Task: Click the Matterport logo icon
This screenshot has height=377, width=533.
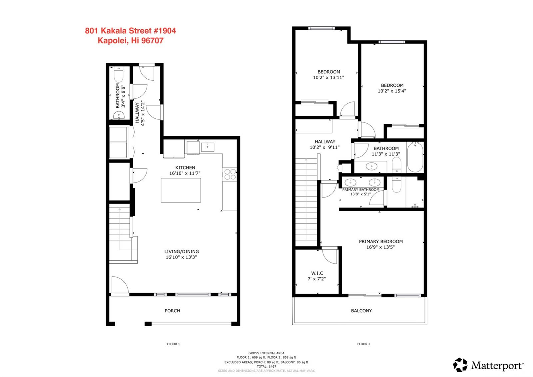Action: [x=460, y=365]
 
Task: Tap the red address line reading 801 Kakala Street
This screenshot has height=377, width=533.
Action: [x=130, y=31]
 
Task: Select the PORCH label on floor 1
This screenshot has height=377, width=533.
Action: [x=172, y=311]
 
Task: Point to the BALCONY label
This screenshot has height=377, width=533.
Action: [x=361, y=311]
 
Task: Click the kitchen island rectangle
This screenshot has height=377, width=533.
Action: [x=181, y=190]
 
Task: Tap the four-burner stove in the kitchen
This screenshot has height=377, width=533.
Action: [x=230, y=174]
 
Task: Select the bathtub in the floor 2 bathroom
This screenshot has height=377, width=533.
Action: [x=415, y=157]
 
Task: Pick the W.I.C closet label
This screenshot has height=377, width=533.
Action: [x=317, y=273]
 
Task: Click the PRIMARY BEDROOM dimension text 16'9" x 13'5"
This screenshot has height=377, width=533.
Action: [x=380, y=247]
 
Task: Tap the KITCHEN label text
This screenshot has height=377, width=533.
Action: [x=185, y=167]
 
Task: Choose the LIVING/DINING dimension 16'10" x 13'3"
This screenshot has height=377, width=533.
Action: [x=181, y=257]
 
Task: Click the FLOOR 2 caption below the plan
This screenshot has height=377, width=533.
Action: [x=363, y=344]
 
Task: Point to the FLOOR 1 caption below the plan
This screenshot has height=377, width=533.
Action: [x=173, y=344]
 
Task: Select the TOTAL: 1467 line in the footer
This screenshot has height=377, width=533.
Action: [x=266, y=366]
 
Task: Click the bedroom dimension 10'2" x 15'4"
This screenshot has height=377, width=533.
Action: [x=392, y=91]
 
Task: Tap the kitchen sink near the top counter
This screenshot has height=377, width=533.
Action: [x=208, y=147]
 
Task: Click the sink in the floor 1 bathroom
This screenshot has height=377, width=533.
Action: [x=119, y=115]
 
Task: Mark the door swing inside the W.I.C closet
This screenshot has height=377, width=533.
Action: [x=330, y=256]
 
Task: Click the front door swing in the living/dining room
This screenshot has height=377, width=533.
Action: [x=120, y=285]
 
